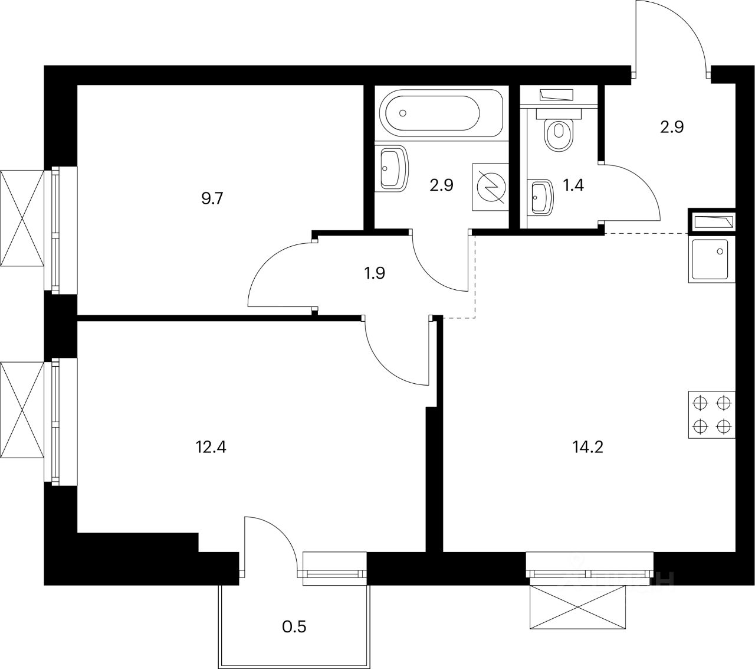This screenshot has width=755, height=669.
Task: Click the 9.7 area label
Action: [x=212, y=198]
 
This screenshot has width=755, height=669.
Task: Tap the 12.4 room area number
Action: [x=211, y=446]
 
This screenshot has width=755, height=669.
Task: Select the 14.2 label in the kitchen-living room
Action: [x=587, y=446]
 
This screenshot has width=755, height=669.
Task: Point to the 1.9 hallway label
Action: [x=375, y=273]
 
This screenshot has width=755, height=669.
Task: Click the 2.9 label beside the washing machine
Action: [x=441, y=185]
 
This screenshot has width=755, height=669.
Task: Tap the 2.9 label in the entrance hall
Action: [x=672, y=127]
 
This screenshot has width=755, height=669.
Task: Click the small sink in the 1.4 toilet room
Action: [x=541, y=196]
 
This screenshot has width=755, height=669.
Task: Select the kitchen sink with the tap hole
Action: [x=711, y=260]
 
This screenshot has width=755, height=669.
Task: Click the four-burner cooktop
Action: [x=711, y=415]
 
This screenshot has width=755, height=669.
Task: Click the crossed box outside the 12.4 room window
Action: [x=22, y=410]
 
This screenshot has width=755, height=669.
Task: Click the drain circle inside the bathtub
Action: [x=403, y=112]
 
